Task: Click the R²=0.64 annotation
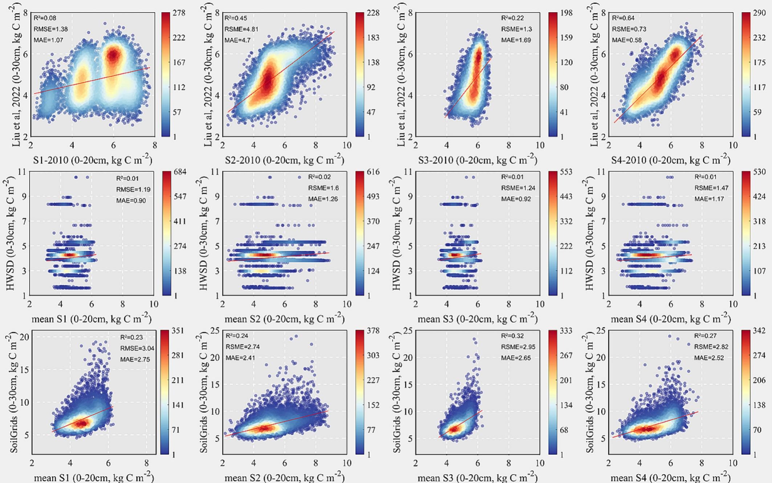click(623, 18)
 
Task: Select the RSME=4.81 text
click(241, 29)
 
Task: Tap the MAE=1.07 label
click(48, 40)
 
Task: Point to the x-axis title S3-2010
click(478, 160)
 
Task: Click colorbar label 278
click(179, 13)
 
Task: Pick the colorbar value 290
click(759, 13)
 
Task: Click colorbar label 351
click(178, 331)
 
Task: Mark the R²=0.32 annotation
click(512, 336)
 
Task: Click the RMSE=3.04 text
click(137, 349)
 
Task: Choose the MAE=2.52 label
click(709, 358)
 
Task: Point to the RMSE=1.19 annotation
click(133, 189)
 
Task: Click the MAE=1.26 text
click(323, 199)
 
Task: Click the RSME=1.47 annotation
click(711, 188)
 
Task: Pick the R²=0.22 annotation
click(512, 18)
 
